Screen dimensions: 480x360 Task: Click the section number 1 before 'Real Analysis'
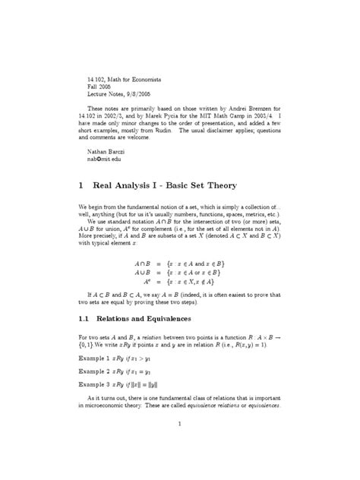point(81,185)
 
